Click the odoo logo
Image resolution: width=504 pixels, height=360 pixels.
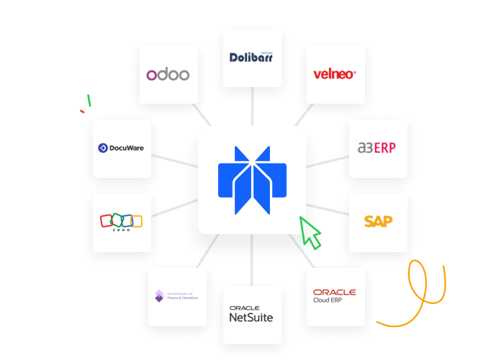(168, 75)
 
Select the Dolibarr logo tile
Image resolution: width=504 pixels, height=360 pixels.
(252, 58)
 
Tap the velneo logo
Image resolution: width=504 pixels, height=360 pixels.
(335, 74)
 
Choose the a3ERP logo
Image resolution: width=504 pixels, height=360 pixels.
(377, 148)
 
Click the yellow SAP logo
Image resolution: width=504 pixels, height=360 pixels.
(378, 222)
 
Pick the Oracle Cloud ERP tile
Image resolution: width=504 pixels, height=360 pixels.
(335, 296)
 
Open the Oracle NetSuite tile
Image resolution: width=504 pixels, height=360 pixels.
(251, 314)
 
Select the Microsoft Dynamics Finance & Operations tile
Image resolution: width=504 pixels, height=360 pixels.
(177, 296)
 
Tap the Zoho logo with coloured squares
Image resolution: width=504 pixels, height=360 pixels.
(122, 222)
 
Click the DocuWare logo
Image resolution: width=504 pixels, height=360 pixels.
(122, 148)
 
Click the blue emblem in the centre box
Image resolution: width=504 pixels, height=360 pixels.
(252, 180)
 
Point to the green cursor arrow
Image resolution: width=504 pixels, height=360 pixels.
(310, 232)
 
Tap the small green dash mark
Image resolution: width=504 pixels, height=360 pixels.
(89, 100)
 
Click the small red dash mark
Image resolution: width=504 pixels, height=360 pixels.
(82, 111)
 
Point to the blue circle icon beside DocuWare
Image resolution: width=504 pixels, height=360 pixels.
(102, 148)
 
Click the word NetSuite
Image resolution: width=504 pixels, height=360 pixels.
(251, 317)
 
